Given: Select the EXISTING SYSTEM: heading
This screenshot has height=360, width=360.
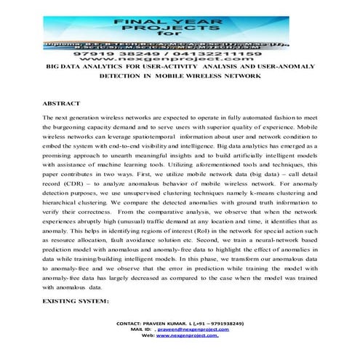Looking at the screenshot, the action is point(76,300).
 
